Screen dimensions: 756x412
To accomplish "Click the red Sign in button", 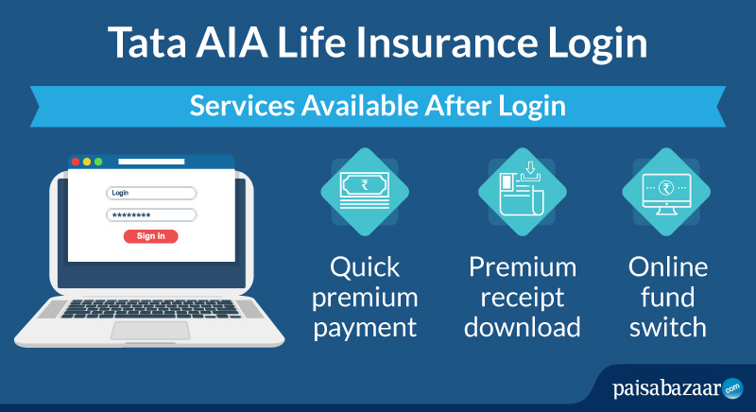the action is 151,236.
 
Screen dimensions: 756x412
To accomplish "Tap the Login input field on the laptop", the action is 151,193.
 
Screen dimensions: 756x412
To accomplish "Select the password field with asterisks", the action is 151,215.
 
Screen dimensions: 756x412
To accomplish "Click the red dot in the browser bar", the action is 76,162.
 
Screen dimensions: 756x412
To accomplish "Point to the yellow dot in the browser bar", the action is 87,162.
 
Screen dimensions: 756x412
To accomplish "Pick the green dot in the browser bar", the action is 98,162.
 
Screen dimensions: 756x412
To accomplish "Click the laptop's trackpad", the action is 150,331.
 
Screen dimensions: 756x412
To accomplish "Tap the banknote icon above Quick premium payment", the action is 365,191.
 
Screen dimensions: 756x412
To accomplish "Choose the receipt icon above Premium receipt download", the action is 523,188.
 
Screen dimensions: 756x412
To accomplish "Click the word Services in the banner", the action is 242,106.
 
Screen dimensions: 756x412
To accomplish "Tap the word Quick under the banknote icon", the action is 365,267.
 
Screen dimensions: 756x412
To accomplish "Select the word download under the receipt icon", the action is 523,327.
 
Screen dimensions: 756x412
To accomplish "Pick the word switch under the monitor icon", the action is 668,327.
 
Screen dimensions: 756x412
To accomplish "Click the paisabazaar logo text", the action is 667,388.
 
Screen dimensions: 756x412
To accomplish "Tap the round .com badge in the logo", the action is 733,388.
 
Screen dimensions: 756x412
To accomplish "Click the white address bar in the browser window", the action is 151,162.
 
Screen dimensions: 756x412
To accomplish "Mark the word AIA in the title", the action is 232,43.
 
